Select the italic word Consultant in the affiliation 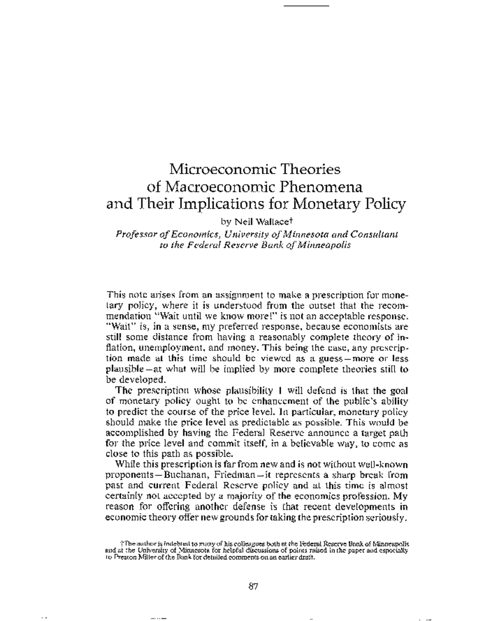[374, 234]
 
